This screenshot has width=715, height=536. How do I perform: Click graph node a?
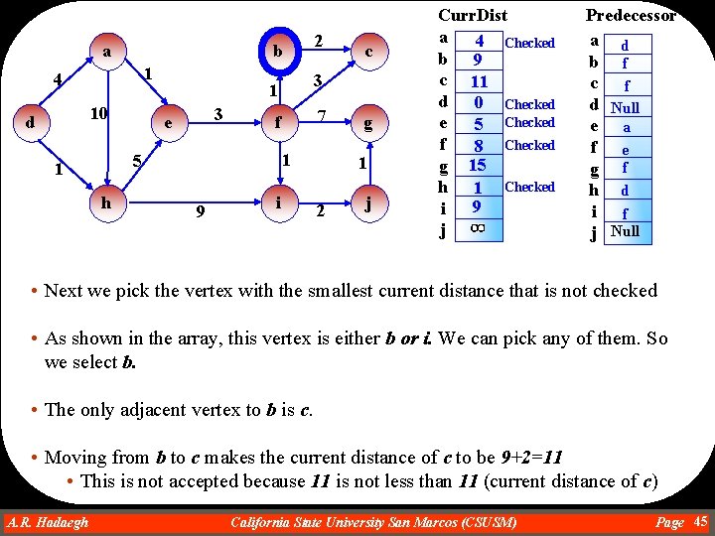(x=106, y=51)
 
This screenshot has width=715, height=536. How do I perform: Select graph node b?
(x=280, y=51)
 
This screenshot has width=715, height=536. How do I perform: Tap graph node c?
(x=367, y=51)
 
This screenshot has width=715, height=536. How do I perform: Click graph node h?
(x=106, y=201)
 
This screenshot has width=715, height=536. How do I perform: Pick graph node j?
(x=367, y=205)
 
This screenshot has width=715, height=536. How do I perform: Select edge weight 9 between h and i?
(x=201, y=210)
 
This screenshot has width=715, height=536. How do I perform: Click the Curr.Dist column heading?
(x=473, y=15)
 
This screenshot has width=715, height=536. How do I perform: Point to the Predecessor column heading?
(x=631, y=15)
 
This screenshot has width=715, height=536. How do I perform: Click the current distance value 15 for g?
(x=478, y=166)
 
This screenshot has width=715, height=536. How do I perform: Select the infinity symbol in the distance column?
(x=478, y=229)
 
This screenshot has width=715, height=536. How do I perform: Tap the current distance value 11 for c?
(x=478, y=81)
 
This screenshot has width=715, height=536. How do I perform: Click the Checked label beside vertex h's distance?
(x=530, y=187)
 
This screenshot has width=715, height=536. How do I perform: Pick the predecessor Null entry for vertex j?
(x=626, y=231)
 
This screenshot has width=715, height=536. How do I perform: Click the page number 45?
(x=700, y=521)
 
